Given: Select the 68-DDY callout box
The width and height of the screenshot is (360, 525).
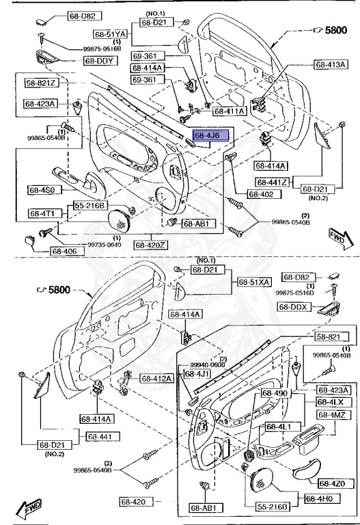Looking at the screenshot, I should (101, 60).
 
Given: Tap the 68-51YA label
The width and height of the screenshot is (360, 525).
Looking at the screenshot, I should (111, 33).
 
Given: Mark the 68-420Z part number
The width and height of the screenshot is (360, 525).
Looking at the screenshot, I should (152, 244).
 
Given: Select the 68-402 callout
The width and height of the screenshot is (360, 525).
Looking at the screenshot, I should (260, 194).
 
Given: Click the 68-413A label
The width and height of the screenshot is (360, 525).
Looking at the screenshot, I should (331, 64).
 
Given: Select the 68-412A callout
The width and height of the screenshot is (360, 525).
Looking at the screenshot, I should (157, 378).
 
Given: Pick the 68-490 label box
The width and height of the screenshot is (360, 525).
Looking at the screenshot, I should (277, 394).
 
